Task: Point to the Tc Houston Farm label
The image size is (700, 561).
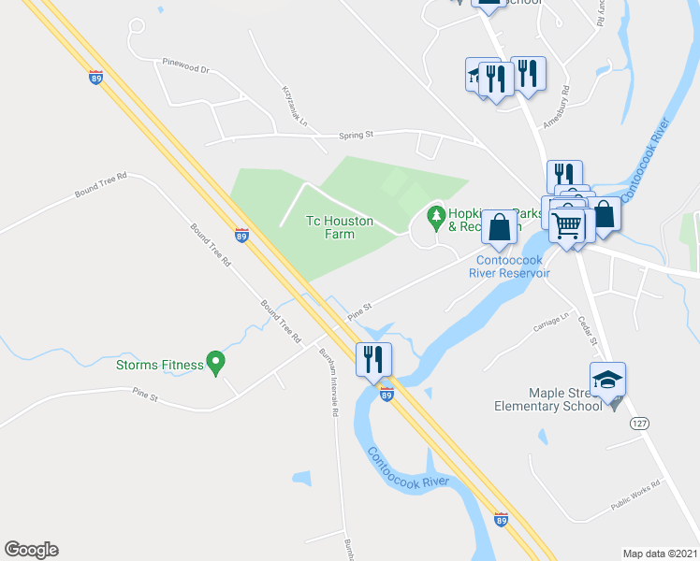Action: pos(340,227)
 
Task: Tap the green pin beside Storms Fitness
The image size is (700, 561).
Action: pos(216,361)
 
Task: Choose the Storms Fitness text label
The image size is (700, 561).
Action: pos(160,364)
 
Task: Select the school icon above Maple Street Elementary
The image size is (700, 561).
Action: pos(607,379)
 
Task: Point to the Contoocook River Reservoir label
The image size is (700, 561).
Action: pos(512,266)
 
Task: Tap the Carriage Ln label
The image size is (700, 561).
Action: pos(551,321)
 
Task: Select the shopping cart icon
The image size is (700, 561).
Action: pos(566,225)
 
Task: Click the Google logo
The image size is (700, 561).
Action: pos(31,550)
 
